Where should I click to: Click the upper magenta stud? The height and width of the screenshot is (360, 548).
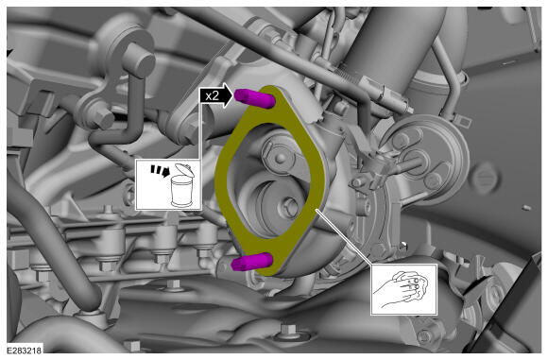click(255, 97)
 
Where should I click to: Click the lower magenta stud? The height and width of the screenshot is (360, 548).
click(252, 262)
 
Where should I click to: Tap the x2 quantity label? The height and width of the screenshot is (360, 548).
click(213, 95)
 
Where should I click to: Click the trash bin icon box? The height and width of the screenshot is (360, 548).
click(168, 184)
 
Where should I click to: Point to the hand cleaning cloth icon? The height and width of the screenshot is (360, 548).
click(403, 289)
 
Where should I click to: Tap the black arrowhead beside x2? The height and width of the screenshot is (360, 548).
click(227, 95)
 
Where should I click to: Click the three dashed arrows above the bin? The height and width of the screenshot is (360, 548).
click(160, 170)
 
